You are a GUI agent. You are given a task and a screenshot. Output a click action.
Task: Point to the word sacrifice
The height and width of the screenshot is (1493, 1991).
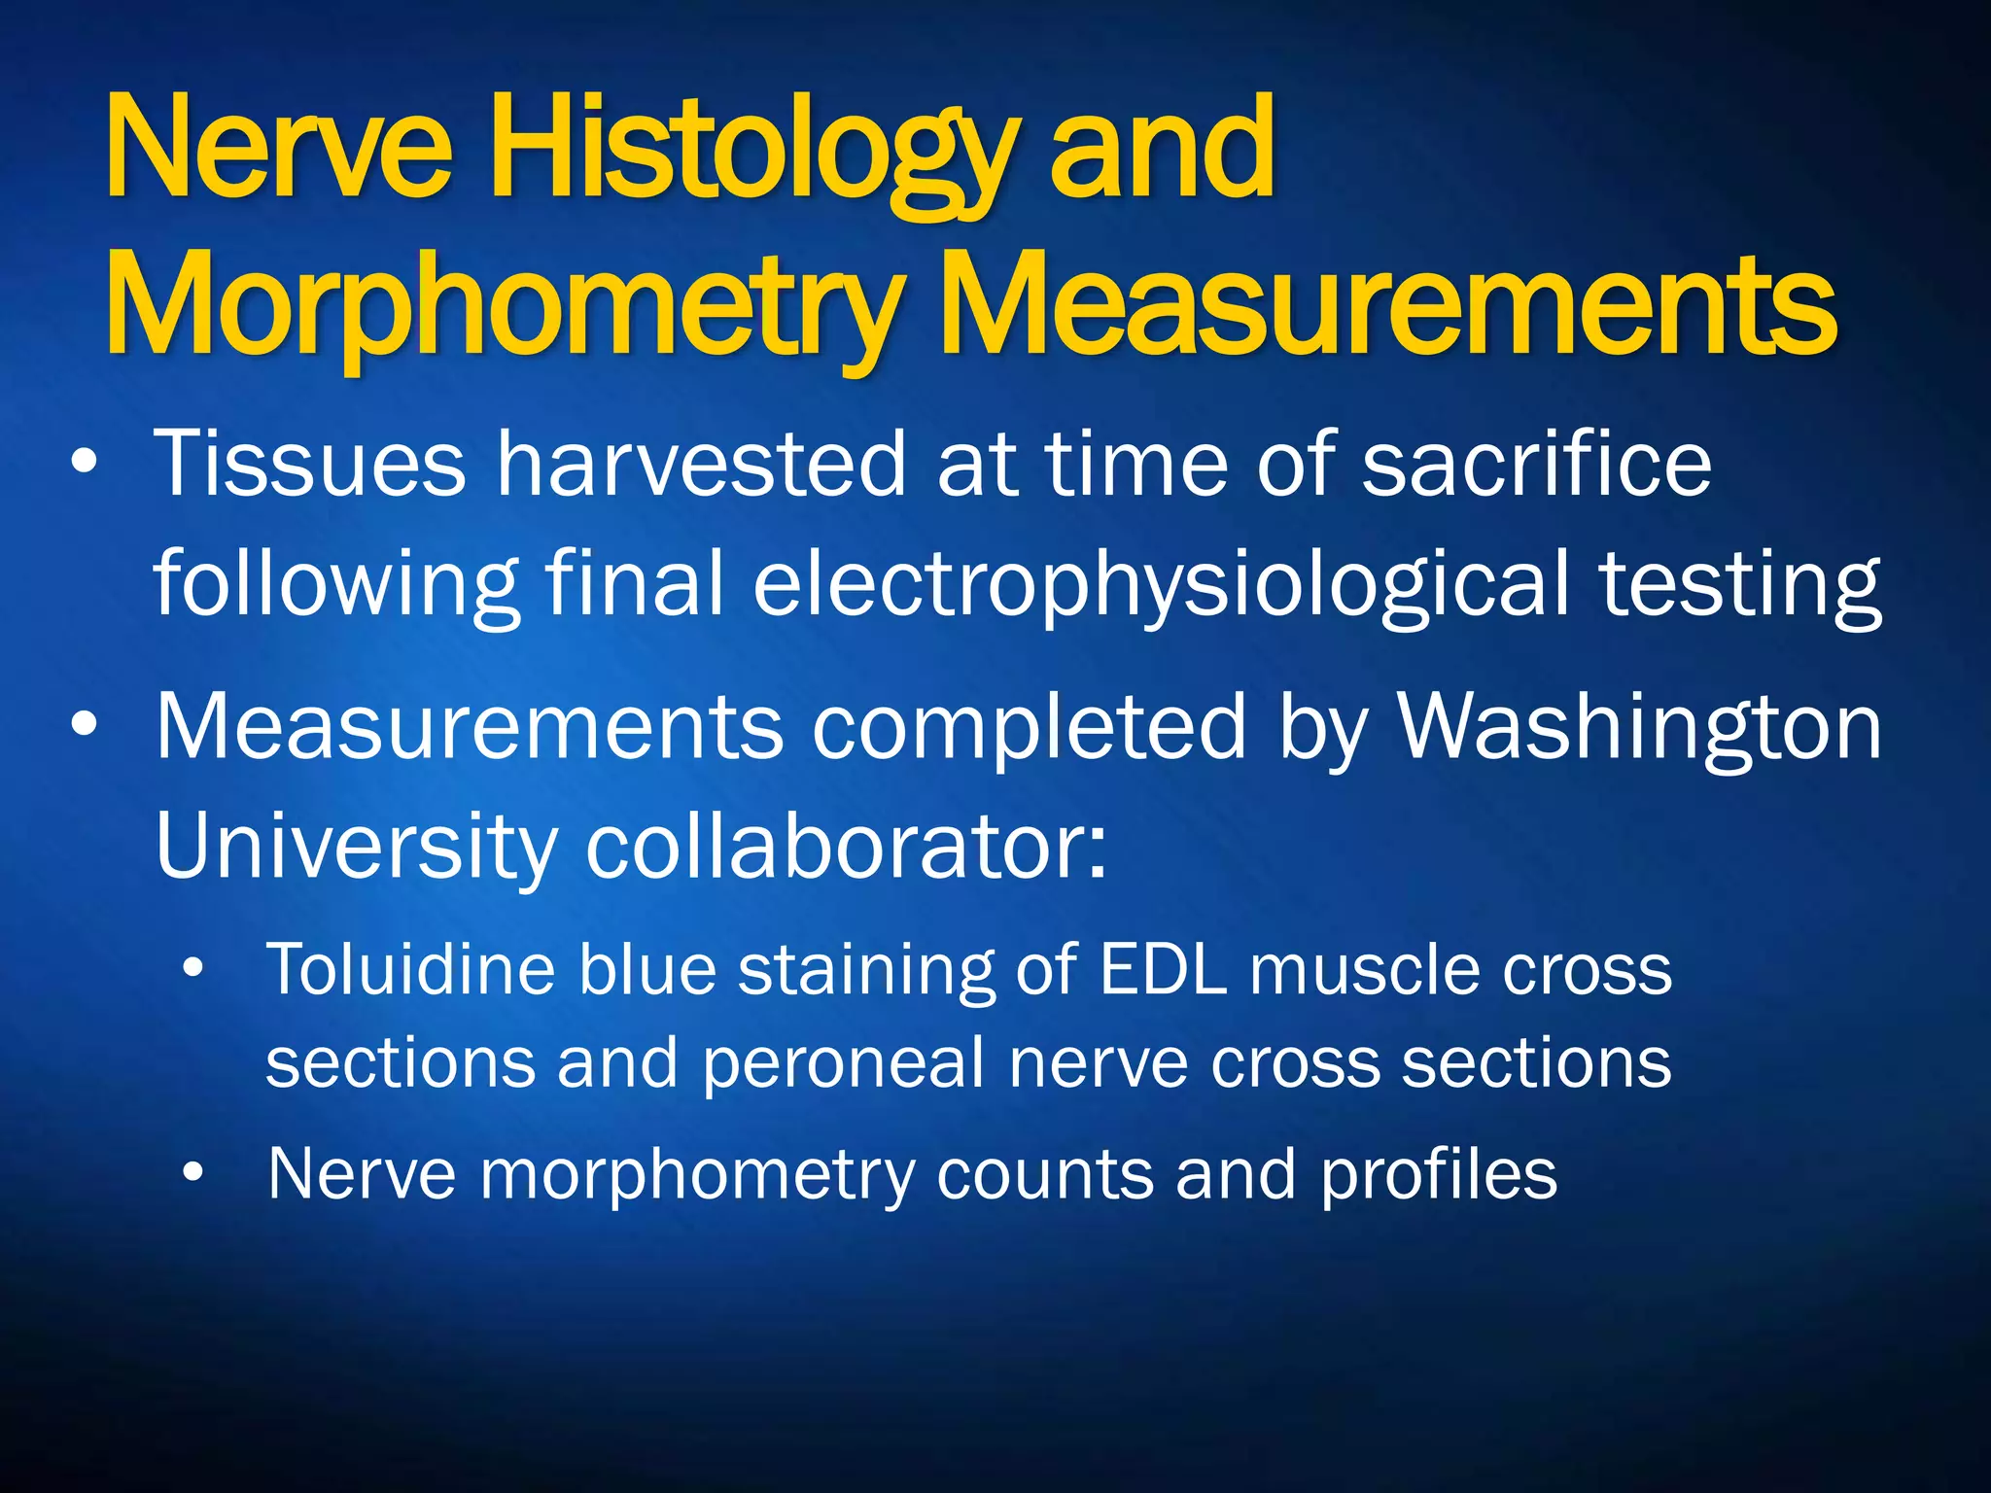[x=1536, y=466]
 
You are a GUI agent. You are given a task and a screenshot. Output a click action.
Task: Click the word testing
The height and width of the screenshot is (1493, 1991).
[x=1740, y=585]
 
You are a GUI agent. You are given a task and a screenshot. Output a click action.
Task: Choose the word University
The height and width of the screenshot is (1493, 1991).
[x=354, y=846]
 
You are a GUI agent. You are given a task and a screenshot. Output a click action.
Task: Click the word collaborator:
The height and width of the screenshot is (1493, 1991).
[x=846, y=846]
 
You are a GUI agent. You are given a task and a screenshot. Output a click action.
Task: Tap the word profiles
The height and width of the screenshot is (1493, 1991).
[x=1439, y=1175]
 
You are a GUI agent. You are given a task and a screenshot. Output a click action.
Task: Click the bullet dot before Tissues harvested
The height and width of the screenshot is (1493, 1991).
[x=85, y=464]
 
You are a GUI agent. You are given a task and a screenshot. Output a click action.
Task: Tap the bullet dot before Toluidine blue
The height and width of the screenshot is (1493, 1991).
[x=193, y=968]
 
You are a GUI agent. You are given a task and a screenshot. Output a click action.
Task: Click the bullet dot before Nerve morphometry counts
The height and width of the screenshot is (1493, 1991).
[x=193, y=1173]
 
